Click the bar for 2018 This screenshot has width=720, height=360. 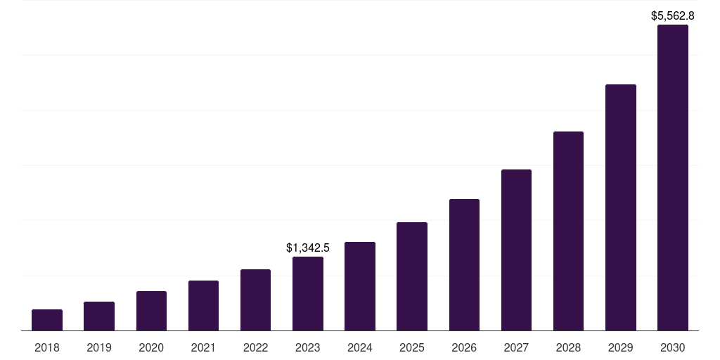(x=47, y=320)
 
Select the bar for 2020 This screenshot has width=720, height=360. (x=151, y=311)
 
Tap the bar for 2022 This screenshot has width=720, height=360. (x=255, y=300)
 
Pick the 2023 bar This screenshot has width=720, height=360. (x=308, y=294)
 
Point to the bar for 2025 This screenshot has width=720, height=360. (x=412, y=276)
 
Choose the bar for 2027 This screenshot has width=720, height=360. (x=516, y=250)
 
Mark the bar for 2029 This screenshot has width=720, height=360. (x=620, y=207)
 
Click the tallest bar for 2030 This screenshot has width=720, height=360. (x=672, y=178)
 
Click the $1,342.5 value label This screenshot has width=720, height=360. (x=308, y=247)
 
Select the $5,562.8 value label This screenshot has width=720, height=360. (x=672, y=15)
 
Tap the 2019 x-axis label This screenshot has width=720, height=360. (x=99, y=347)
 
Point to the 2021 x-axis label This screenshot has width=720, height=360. (x=203, y=347)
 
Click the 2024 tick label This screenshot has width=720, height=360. (x=360, y=347)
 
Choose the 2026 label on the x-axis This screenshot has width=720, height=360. (x=464, y=347)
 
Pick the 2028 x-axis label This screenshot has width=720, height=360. (x=568, y=347)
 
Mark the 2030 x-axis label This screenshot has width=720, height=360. (x=672, y=347)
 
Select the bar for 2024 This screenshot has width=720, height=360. (x=360, y=286)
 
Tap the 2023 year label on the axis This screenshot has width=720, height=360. (x=308, y=347)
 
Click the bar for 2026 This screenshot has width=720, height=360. (x=464, y=265)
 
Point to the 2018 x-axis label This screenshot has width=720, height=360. (x=47, y=347)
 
